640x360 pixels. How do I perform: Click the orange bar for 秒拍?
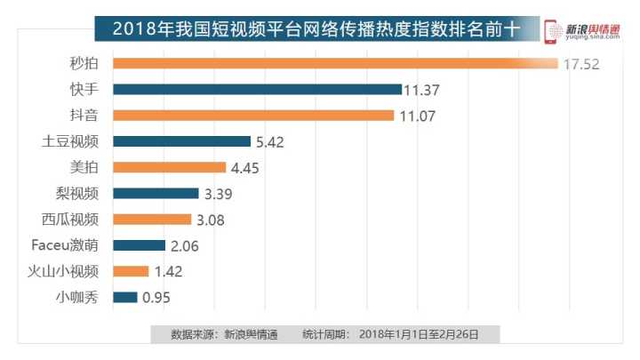tap(333, 63)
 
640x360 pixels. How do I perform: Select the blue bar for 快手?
tap(258, 89)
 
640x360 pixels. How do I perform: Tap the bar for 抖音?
tap(253, 115)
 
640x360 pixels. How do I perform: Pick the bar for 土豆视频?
tap(182, 140)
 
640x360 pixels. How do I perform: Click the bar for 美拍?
tap(170, 167)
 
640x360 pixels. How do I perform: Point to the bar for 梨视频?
tap(156, 193)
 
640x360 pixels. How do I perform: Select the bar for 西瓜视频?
tap(152, 219)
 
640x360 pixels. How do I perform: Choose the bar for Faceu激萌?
tap(140, 244)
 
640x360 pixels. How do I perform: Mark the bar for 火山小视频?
tap(132, 271)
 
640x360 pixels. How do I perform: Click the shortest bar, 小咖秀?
tap(125, 297)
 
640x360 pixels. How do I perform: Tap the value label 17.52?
tap(580, 64)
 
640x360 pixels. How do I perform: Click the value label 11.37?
tap(422, 90)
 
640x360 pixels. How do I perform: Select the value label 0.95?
tap(156, 298)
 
